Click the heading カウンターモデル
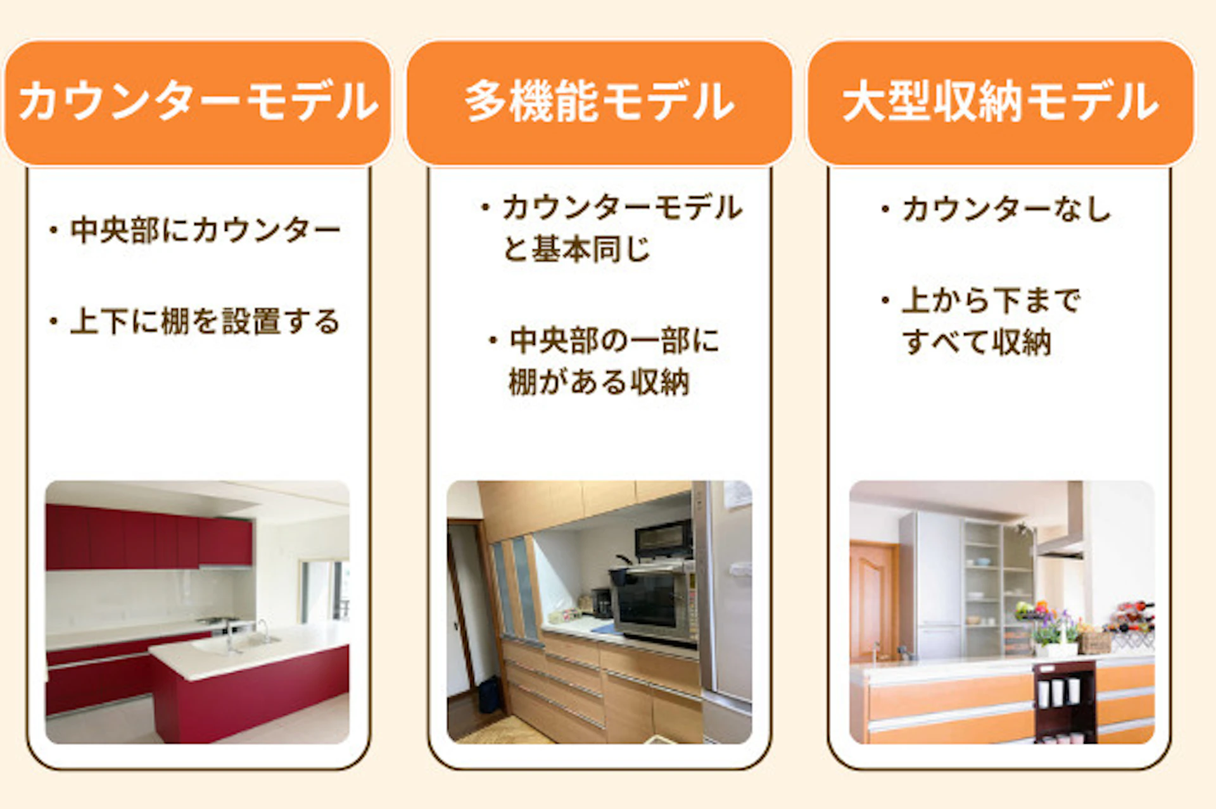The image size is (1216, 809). [198, 102]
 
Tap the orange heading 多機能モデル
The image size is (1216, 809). [599, 102]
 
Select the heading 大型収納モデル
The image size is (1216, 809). [1001, 102]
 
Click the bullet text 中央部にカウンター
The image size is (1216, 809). [205, 230]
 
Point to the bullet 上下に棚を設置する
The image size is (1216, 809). [205, 321]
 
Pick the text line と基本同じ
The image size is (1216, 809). [576, 249]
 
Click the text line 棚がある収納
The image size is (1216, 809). [598, 382]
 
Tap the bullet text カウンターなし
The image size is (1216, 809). [1006, 209]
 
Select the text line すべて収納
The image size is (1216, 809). [977, 342]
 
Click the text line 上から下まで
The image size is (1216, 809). [991, 300]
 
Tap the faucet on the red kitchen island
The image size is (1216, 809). [261, 630]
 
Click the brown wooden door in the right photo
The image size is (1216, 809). [873, 601]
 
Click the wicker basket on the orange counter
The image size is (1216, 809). [1095, 642]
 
